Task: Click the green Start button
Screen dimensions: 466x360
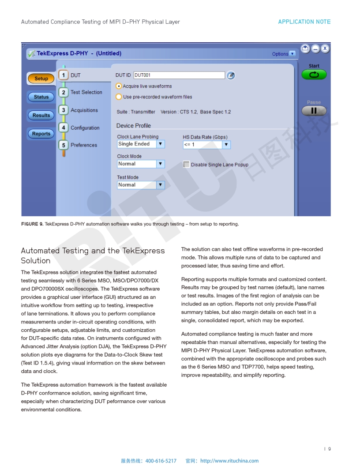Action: [x=314, y=75]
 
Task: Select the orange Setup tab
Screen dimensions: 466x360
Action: [x=41, y=79]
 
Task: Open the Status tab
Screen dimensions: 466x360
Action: [x=41, y=97]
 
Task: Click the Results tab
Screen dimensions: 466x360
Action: [x=41, y=115]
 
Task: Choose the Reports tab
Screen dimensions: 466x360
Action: [x=41, y=134]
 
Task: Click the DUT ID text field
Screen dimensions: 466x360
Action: [x=179, y=75]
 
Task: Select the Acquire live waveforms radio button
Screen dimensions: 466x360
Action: [x=119, y=86]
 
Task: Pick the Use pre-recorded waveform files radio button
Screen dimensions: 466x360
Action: [x=119, y=97]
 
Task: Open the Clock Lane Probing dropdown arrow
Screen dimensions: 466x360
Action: [x=161, y=144]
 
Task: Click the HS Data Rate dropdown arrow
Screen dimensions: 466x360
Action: [x=226, y=145]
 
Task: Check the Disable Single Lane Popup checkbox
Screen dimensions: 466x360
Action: [x=186, y=165]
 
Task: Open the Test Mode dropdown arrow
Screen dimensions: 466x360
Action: [x=161, y=185]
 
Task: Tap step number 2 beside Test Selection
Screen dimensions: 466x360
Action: [x=64, y=92]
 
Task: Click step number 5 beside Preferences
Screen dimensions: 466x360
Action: [x=64, y=145]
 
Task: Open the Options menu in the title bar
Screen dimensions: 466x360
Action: [x=283, y=54]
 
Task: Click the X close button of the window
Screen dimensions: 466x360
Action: [x=325, y=49]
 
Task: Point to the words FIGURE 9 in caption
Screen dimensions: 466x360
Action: [x=32, y=224]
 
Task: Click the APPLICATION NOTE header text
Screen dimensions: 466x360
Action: [x=304, y=22]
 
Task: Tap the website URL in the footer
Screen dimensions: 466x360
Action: [x=229, y=461]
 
